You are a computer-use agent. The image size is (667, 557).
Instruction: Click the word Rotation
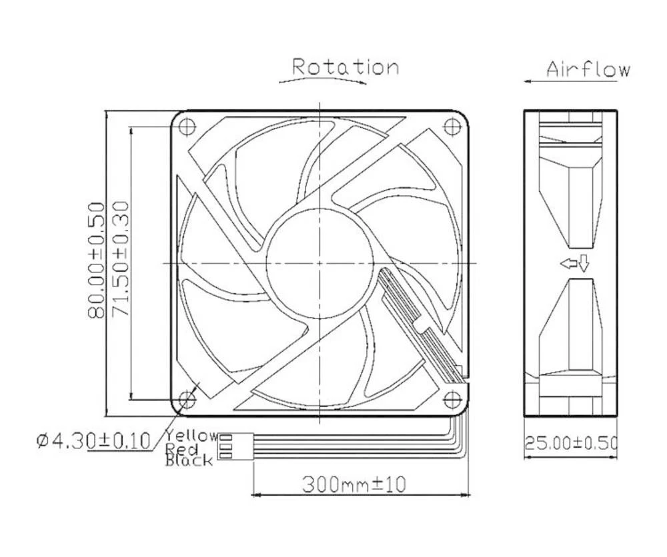coord(346,67)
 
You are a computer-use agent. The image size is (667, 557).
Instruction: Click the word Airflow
coord(587,69)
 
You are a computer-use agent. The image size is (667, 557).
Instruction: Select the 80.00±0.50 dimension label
coord(97,260)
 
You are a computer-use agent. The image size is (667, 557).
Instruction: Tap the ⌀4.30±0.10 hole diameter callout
coord(93,440)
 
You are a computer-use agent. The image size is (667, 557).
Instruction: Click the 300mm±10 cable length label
coord(354,484)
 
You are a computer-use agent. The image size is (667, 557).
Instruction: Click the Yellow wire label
coord(191,436)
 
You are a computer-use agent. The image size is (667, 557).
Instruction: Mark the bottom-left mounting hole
coord(186,399)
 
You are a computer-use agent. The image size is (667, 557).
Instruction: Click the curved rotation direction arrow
coord(322,80)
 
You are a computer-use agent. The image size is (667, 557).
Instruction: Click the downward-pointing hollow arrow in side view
coord(584,264)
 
